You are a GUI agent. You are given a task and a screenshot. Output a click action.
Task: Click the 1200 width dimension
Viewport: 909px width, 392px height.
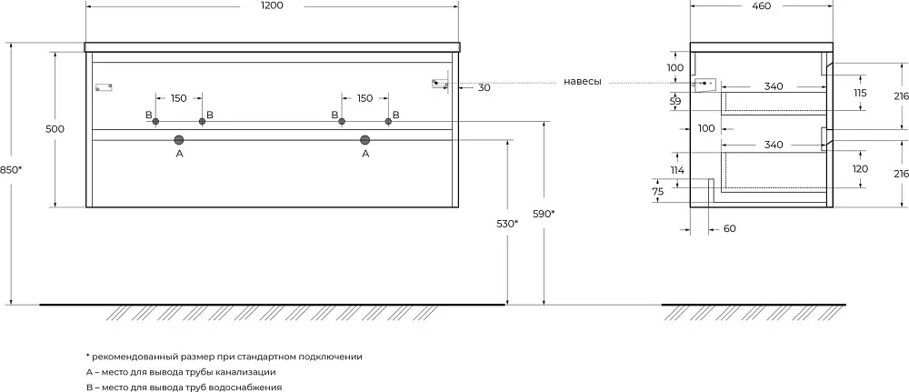(x=273, y=5)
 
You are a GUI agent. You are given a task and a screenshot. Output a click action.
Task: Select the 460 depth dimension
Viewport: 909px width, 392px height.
(x=761, y=5)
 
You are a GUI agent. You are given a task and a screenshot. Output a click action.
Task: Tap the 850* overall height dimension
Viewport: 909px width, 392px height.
(x=12, y=170)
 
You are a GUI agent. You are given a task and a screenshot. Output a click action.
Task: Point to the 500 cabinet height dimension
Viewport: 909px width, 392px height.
(x=55, y=129)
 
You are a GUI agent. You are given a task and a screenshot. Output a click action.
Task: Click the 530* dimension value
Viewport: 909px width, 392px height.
(x=508, y=223)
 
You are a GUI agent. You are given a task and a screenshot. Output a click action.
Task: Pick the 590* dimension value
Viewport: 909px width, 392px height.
(x=544, y=214)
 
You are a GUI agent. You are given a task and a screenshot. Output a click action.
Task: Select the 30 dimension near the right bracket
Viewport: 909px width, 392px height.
(x=484, y=88)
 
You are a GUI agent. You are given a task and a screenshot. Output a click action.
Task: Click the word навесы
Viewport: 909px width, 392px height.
(x=582, y=82)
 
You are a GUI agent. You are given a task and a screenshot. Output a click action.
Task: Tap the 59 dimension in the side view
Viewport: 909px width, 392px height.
(x=674, y=102)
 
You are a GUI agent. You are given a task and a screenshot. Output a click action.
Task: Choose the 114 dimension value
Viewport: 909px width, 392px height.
(x=677, y=170)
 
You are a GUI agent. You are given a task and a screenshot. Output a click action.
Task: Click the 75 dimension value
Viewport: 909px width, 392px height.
(x=657, y=192)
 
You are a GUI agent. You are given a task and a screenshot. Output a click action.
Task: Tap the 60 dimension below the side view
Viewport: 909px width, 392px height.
(x=730, y=229)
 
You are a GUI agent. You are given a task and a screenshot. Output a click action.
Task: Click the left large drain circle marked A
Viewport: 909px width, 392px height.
(x=178, y=140)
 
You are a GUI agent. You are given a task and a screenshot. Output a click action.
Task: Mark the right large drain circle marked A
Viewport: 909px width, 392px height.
(x=365, y=140)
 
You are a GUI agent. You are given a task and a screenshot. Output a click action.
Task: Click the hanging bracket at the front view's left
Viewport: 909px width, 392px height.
(x=104, y=87)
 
